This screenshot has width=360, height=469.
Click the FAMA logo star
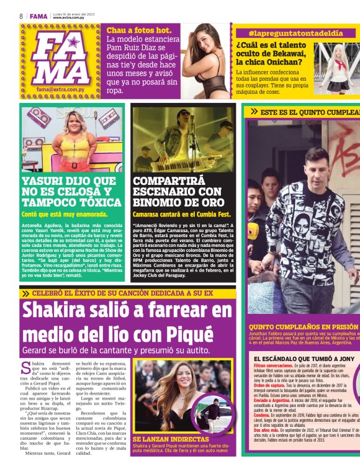[x=73, y=43]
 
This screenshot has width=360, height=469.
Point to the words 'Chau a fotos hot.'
[x=139, y=30]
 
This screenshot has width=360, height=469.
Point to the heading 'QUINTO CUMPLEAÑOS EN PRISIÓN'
[x=304, y=326]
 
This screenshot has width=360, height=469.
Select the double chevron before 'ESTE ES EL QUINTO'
[x=254, y=112]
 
